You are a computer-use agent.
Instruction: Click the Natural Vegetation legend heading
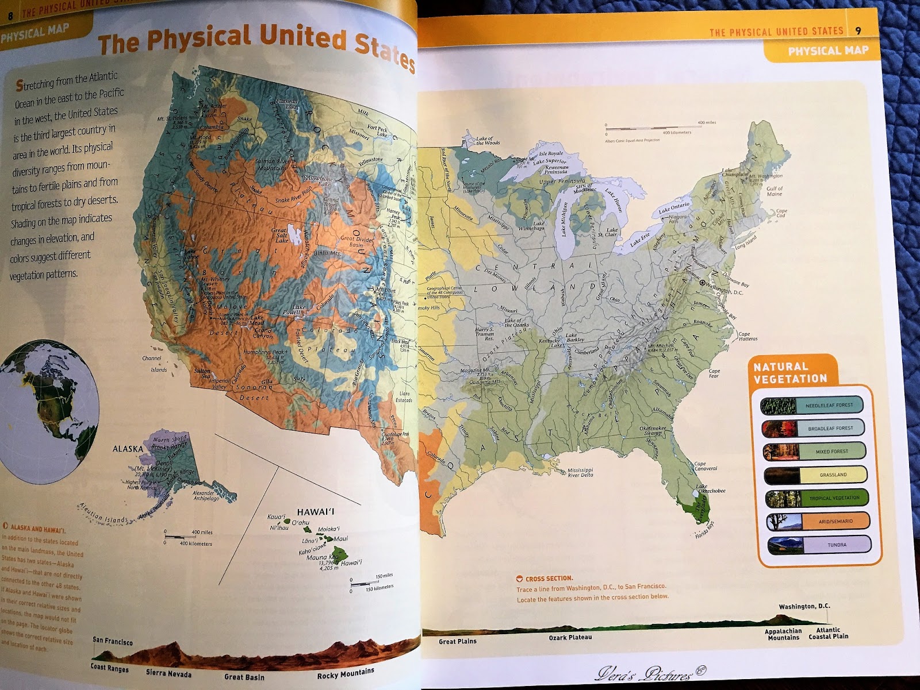coord(790,372)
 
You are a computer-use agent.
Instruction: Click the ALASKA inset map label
coord(127,449)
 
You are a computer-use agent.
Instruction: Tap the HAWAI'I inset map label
coord(316,511)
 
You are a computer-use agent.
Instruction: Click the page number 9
coord(858,30)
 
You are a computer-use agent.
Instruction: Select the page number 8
coord(10,16)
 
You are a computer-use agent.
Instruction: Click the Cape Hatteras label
coord(747,336)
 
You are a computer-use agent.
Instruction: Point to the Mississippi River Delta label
coord(580,472)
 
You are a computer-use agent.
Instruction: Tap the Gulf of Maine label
coord(775,191)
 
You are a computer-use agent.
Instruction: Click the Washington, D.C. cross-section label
coord(804,606)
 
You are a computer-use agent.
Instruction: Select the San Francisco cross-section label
coord(113,641)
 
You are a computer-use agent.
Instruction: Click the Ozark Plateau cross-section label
coord(570,637)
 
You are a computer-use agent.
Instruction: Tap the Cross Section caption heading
coord(549,579)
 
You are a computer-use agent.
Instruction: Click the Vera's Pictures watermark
coord(650,673)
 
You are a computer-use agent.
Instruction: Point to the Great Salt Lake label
coord(281,235)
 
